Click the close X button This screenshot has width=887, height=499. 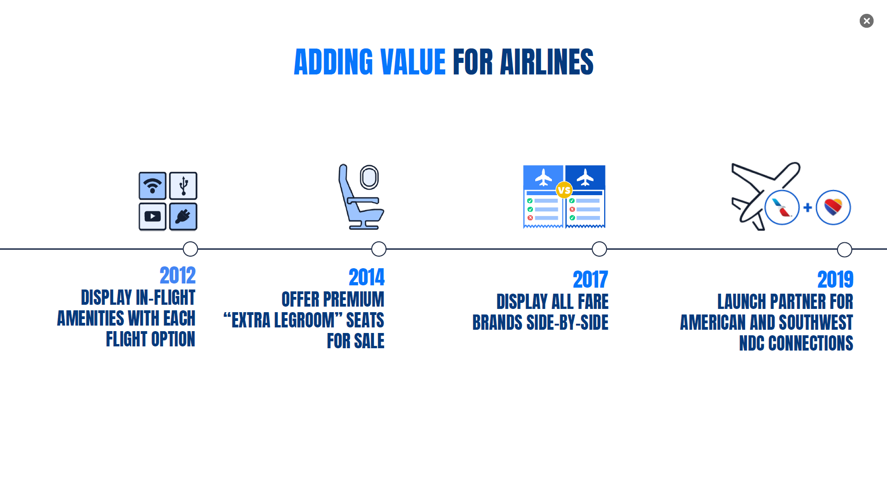coord(866,21)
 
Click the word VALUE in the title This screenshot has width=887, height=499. coord(413,62)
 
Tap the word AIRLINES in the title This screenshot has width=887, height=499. coord(546,62)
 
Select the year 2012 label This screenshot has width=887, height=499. coord(177,276)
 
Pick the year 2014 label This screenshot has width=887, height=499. coord(367,277)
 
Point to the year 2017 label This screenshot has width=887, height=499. coord(590,279)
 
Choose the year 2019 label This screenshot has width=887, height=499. coord(835,279)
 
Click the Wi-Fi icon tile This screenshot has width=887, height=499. coord(153,186)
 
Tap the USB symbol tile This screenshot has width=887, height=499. coord(183,186)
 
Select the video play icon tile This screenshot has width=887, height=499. coord(153,216)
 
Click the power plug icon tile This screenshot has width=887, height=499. coord(183,216)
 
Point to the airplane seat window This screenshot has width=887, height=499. coord(369,177)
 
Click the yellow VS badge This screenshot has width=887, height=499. coord(564,190)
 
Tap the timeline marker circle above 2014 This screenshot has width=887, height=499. coord(379,249)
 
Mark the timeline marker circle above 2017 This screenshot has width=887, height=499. coord(599,249)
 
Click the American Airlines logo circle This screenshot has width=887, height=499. coord(782,208)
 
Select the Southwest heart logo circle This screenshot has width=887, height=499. coord(833,208)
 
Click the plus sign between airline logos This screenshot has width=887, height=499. coord(807,208)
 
